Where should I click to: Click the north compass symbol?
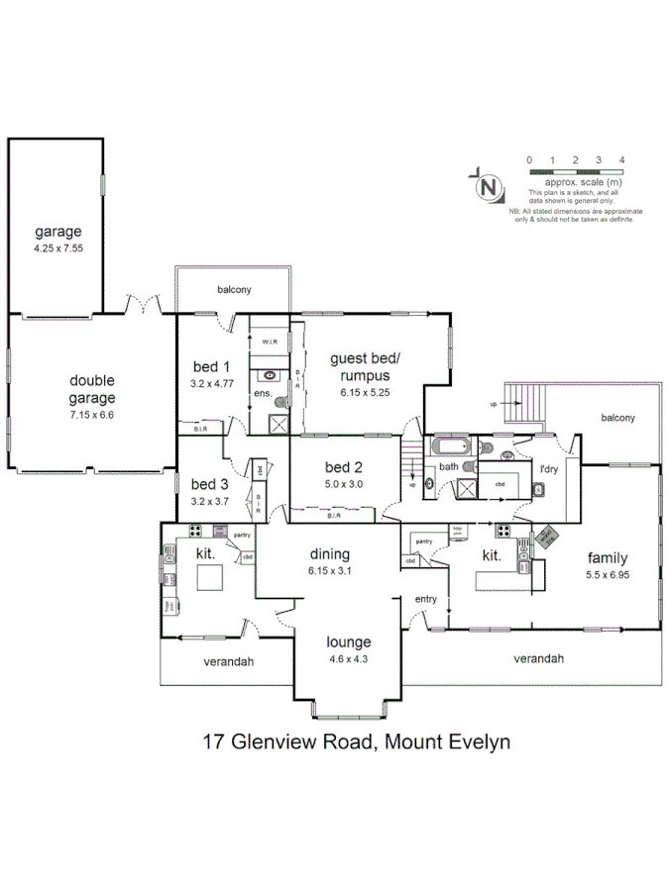(488, 185)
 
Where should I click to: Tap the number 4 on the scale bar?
(621, 159)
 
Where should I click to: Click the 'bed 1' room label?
(210, 367)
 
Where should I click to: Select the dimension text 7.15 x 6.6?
(91, 401)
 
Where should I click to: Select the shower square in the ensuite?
(279, 425)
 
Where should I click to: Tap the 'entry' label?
(426, 600)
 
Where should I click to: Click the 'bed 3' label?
(210, 485)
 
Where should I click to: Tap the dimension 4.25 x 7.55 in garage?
(56, 248)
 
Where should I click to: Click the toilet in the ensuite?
(281, 402)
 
